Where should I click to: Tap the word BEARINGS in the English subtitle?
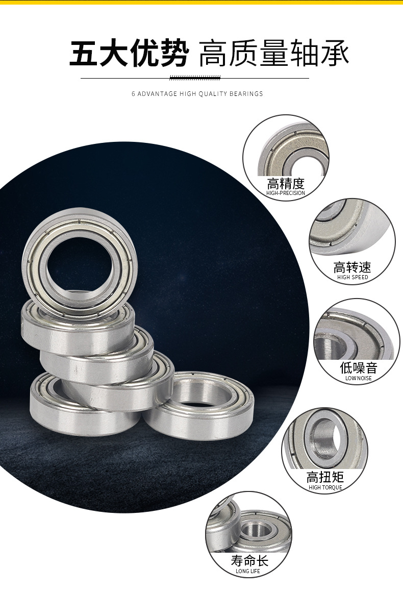tap(246, 93)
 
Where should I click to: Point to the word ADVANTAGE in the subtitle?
tap(157, 93)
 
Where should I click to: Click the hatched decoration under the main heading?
tap(195, 78)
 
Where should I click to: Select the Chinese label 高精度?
tap(286, 184)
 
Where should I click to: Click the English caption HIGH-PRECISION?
tap(286, 193)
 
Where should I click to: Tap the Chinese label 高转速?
tap(352, 268)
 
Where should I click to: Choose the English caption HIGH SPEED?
tap(352, 277)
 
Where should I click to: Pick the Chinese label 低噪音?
tap(359, 368)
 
